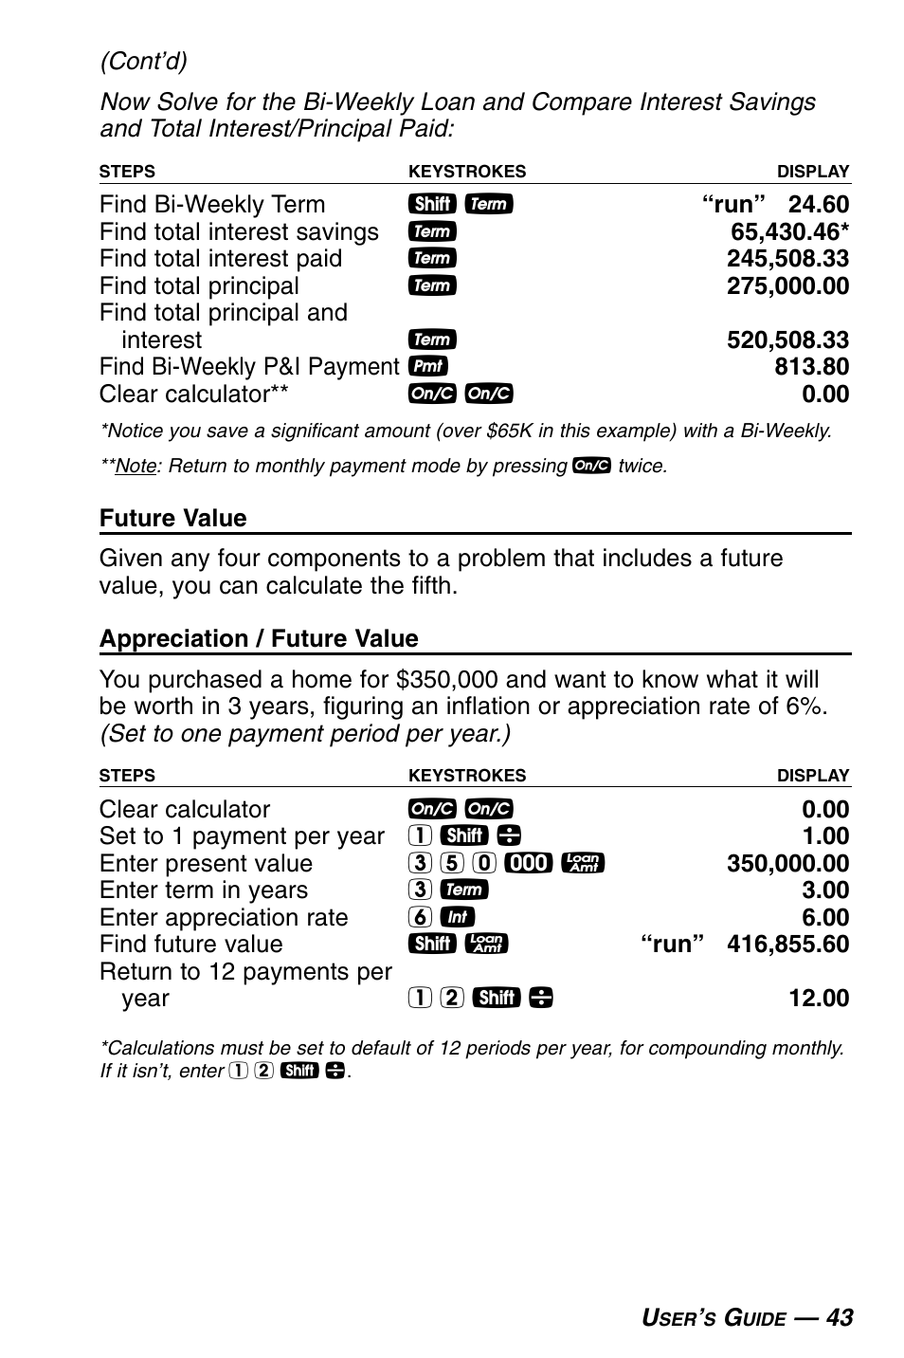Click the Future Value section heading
click(172, 518)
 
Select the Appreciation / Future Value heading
click(259, 638)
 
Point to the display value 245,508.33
click(787, 259)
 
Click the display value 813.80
click(811, 367)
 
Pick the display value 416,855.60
click(787, 945)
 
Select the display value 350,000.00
click(787, 863)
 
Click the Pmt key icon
click(428, 367)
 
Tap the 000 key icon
click(529, 863)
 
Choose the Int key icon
click(458, 917)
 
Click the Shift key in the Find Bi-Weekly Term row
click(432, 204)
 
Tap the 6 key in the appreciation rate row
click(422, 917)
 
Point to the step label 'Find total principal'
click(199, 285)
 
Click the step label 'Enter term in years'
click(203, 890)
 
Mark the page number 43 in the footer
click(839, 1317)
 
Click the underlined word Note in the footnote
click(135, 467)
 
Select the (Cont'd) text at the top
click(144, 62)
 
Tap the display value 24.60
click(818, 204)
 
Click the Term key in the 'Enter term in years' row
click(465, 890)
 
